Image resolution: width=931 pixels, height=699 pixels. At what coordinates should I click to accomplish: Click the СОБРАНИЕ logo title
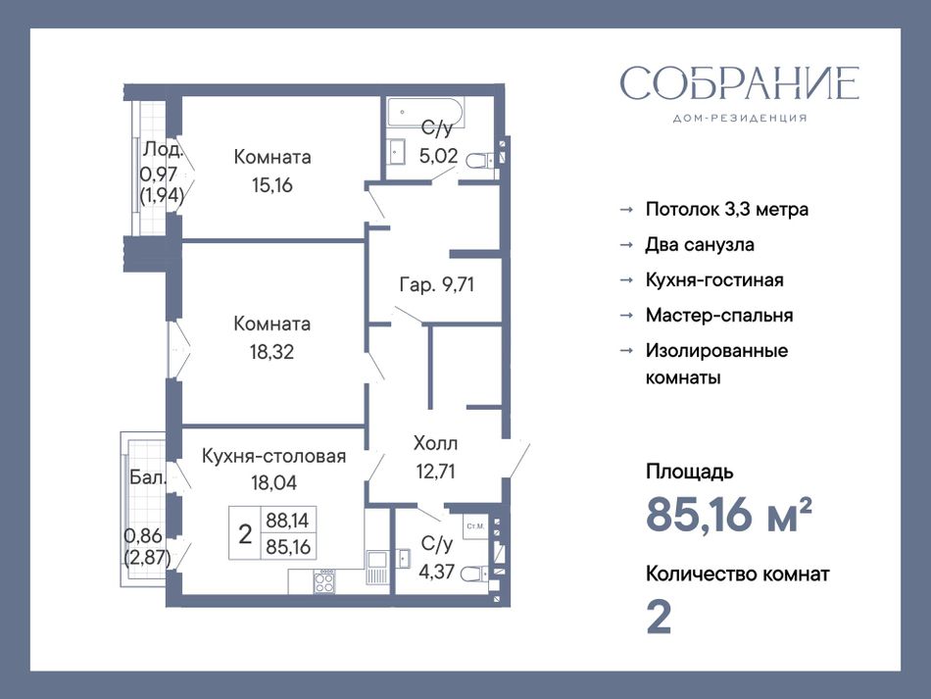(739, 82)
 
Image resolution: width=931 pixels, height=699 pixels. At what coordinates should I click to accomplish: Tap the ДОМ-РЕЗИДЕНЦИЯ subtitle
(740, 119)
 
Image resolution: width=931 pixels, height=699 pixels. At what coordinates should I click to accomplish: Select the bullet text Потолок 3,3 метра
(727, 209)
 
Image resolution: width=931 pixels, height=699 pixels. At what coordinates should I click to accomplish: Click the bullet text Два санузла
(700, 245)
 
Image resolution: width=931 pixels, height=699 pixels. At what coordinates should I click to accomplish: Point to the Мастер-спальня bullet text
(719, 315)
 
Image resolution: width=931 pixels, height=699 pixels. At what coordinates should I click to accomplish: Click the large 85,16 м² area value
(728, 514)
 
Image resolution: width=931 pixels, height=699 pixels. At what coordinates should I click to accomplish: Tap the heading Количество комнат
(737, 574)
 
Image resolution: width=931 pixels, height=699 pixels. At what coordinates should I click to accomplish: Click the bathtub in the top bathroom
(425, 113)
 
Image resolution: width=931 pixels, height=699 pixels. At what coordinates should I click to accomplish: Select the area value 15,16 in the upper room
(271, 185)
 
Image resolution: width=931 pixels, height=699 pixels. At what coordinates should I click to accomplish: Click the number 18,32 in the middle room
(271, 352)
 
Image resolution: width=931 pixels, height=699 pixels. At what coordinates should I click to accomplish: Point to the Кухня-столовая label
(273, 456)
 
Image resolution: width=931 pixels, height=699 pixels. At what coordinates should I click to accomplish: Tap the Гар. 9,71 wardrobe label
(436, 285)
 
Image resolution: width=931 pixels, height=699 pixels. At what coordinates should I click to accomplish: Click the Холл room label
(435, 443)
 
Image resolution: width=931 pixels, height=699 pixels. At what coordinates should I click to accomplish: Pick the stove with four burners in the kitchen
(323, 580)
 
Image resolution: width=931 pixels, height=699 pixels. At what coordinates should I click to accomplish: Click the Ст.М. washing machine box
(475, 526)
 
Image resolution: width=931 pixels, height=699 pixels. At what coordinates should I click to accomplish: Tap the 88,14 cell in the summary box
(288, 521)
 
